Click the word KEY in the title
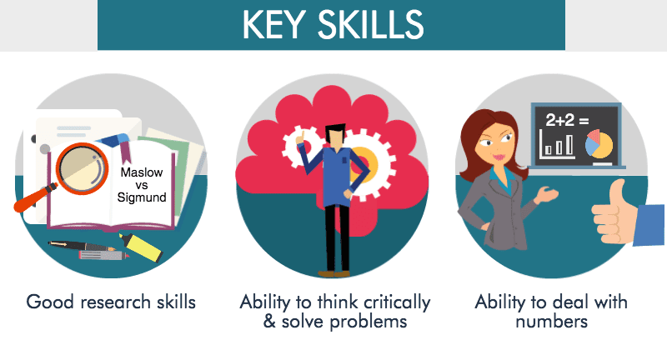click(x=274, y=25)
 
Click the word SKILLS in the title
click(x=370, y=25)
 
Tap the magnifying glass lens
click(x=82, y=167)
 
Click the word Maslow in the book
click(x=142, y=172)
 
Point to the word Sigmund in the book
click(x=142, y=197)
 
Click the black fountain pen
click(x=82, y=246)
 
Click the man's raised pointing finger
click(x=302, y=136)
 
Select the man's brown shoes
click(x=334, y=273)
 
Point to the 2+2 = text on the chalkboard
click(x=567, y=121)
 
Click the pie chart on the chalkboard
click(x=599, y=143)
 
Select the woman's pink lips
click(x=499, y=157)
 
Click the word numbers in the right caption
click(x=551, y=322)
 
